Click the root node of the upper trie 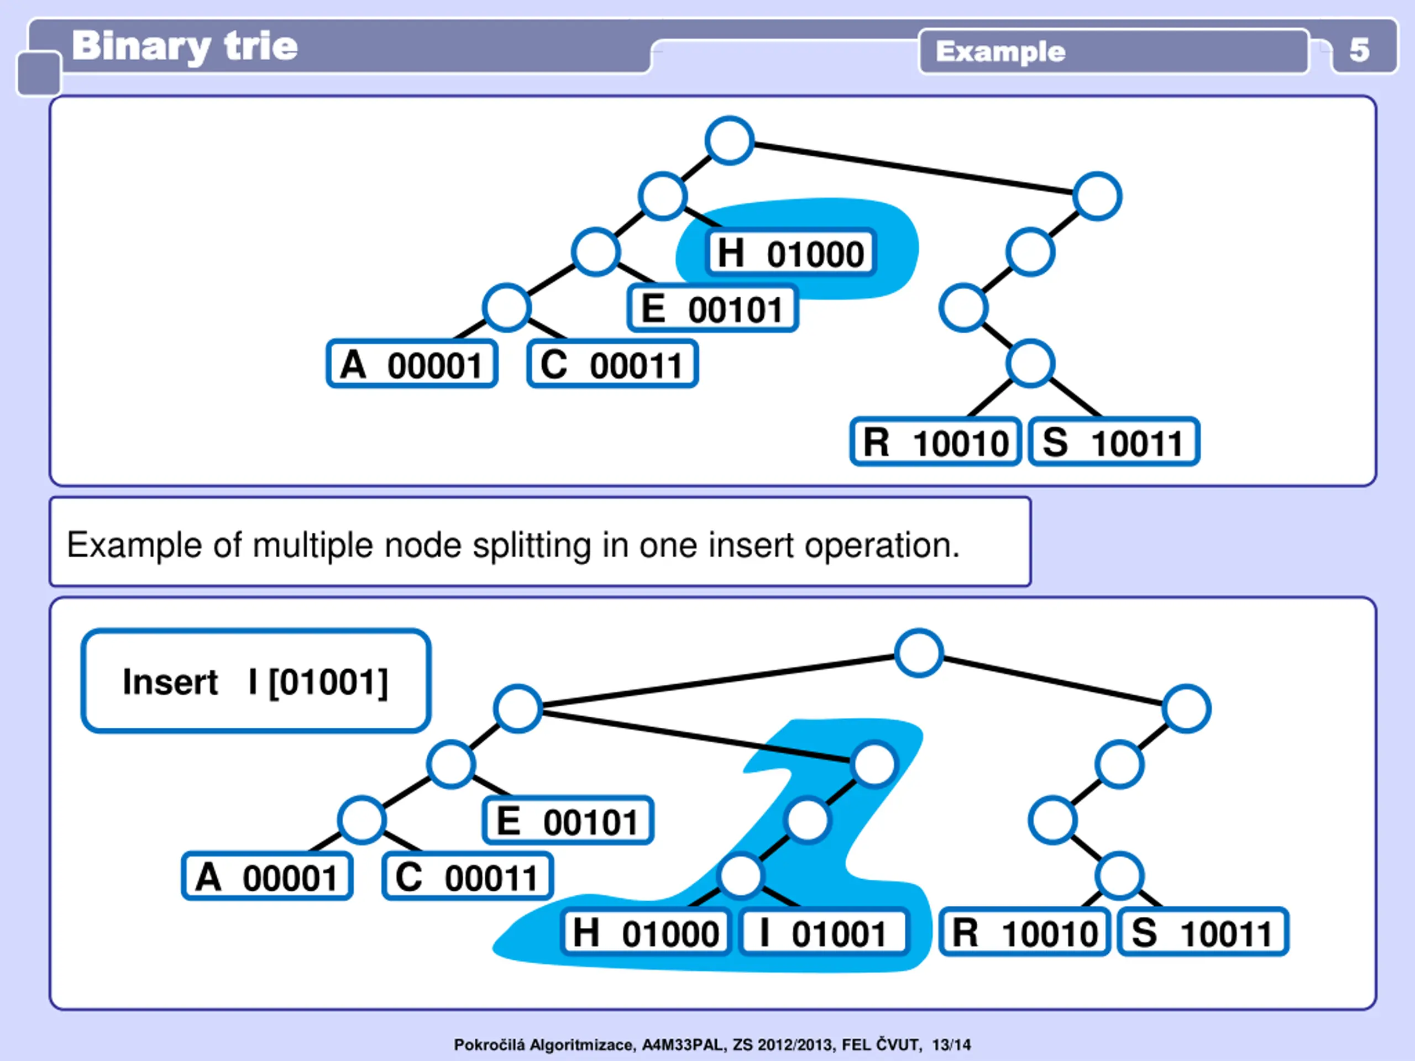(x=729, y=140)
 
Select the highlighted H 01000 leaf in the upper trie (x=790, y=253)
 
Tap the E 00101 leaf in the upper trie (x=712, y=309)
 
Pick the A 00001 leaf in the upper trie (x=412, y=365)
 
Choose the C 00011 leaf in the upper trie (x=612, y=365)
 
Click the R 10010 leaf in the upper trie (x=935, y=442)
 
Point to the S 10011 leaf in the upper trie (x=1114, y=442)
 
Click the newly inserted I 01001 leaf (x=824, y=932)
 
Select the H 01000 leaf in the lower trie (x=646, y=932)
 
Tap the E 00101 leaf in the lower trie (x=568, y=821)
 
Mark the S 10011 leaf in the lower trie (x=1203, y=932)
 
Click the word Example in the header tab (x=1000, y=51)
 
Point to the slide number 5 (x=1359, y=50)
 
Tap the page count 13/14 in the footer (x=951, y=1045)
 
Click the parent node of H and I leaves (x=740, y=875)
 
